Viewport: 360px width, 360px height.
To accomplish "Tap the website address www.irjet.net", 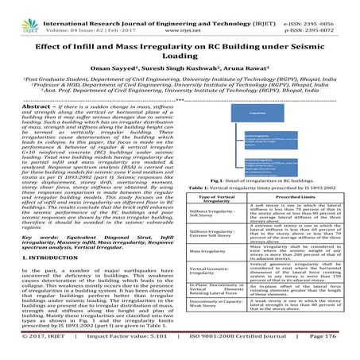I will (x=180, y=15).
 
